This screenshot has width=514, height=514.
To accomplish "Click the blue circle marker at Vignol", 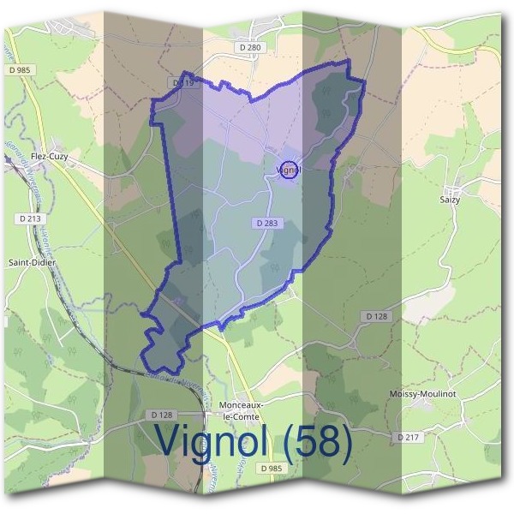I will tap(289, 170).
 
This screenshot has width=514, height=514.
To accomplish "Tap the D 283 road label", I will tap(265, 223).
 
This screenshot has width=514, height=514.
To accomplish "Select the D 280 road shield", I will tap(250, 48).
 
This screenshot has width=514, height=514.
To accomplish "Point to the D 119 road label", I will tap(183, 84).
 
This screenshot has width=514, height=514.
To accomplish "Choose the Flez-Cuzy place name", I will tap(49, 158).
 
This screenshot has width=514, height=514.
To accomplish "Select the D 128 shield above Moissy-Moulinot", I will tap(377, 317).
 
